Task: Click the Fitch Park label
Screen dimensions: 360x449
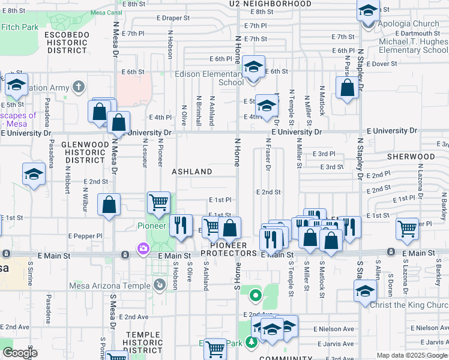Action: [20, 27]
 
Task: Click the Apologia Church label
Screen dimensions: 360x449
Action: [409, 24]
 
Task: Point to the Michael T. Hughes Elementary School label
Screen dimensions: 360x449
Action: [413, 46]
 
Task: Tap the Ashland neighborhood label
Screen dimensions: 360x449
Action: [192, 172]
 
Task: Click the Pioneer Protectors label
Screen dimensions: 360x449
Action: [229, 250]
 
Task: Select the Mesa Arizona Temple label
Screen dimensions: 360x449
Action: [112, 286]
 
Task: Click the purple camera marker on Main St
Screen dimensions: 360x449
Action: [143, 248]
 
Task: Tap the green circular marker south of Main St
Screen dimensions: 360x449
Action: [255, 295]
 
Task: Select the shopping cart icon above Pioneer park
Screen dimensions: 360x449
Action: [158, 203]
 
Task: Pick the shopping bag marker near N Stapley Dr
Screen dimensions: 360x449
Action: [347, 89]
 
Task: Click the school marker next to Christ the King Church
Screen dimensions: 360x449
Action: [365, 292]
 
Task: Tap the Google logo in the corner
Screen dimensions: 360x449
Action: [20, 353]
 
